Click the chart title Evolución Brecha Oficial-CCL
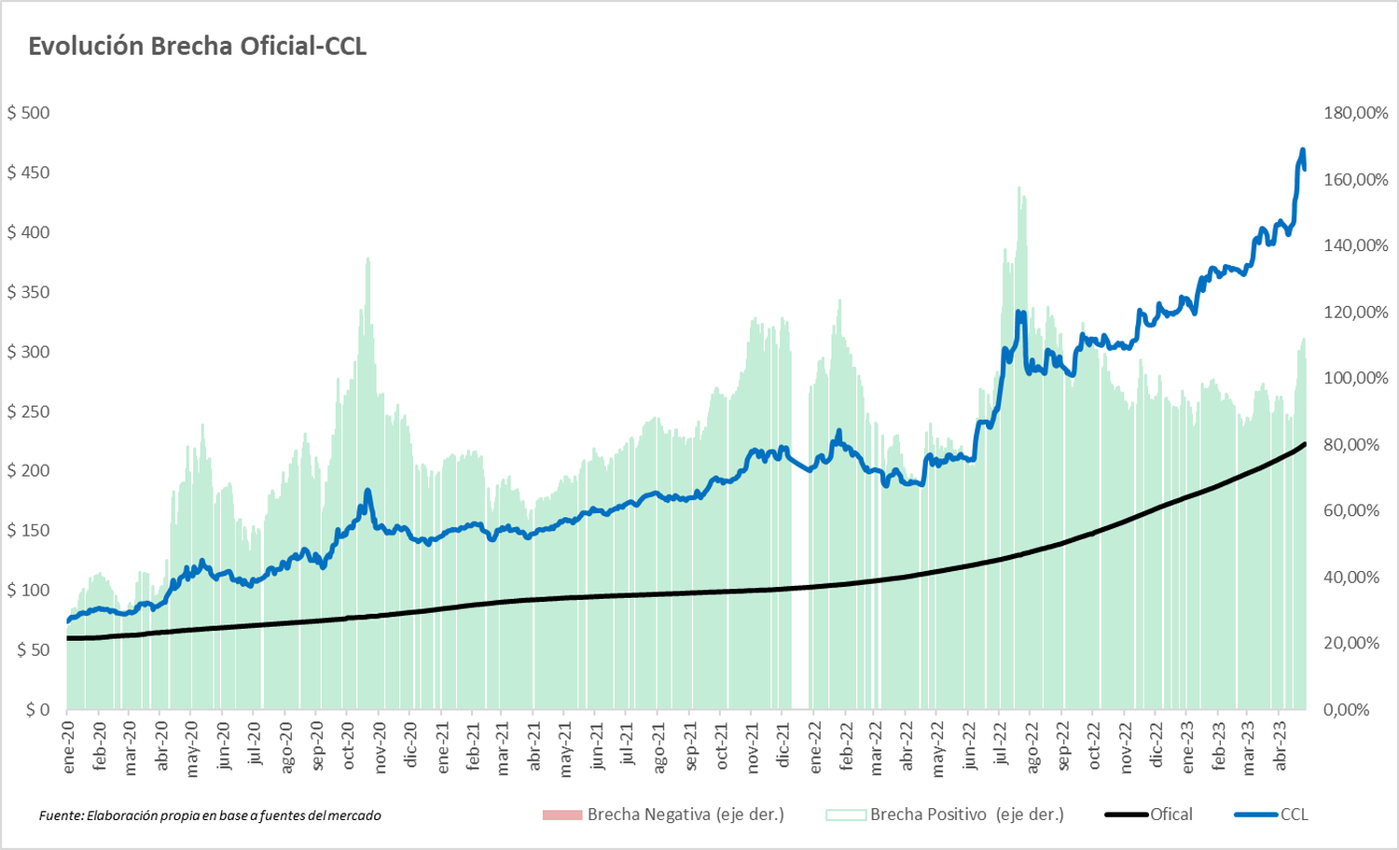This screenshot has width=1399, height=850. coord(197,47)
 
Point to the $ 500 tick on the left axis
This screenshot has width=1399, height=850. coord(29,113)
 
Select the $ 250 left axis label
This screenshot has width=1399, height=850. coord(29,411)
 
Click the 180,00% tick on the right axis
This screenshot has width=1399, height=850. coord(1355,113)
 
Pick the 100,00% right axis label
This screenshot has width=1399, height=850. coord(1355,378)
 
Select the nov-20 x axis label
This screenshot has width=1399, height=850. coord(380,746)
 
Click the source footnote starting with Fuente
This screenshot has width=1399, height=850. coord(210,815)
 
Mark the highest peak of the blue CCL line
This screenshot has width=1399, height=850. coord(1302,150)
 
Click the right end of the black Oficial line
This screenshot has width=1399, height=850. coord(1304,444)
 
